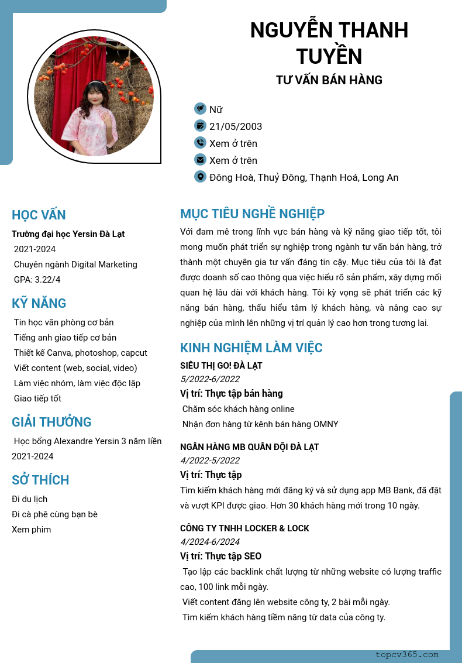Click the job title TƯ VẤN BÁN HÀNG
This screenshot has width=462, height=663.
(x=329, y=80)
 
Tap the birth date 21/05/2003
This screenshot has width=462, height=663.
(x=236, y=126)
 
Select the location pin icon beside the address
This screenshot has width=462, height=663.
(x=200, y=177)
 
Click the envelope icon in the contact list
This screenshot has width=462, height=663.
(x=200, y=160)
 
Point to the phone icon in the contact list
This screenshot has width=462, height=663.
(x=200, y=143)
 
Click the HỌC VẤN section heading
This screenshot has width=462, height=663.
(x=39, y=215)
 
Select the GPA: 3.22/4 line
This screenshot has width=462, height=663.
(x=37, y=280)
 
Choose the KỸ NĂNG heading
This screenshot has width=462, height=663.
(x=39, y=303)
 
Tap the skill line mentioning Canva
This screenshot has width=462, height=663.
(x=80, y=353)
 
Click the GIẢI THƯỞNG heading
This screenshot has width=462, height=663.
(x=51, y=422)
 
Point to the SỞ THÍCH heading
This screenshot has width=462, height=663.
(x=40, y=480)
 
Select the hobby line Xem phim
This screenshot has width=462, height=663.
(x=31, y=530)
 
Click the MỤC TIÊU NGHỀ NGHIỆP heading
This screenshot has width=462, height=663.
(x=252, y=214)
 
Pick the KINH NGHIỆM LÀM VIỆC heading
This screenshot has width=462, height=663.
(x=251, y=348)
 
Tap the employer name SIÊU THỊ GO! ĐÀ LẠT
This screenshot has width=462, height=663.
(x=221, y=366)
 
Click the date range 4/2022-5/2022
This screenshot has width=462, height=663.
(x=210, y=461)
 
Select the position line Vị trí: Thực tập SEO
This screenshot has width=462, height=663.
(x=220, y=556)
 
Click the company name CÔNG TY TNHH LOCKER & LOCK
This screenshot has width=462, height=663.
(x=244, y=528)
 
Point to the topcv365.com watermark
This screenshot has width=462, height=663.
(x=406, y=655)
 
